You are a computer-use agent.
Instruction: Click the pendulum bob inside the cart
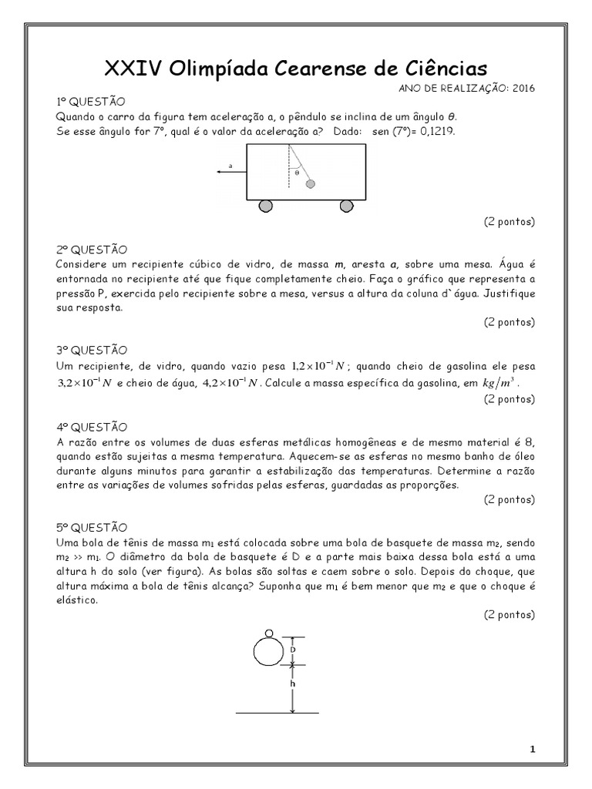point(311,183)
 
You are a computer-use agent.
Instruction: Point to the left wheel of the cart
point(265,206)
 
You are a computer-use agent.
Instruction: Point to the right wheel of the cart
point(346,206)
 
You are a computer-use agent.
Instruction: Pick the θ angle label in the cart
point(297,173)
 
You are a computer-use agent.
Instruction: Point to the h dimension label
point(293,683)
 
